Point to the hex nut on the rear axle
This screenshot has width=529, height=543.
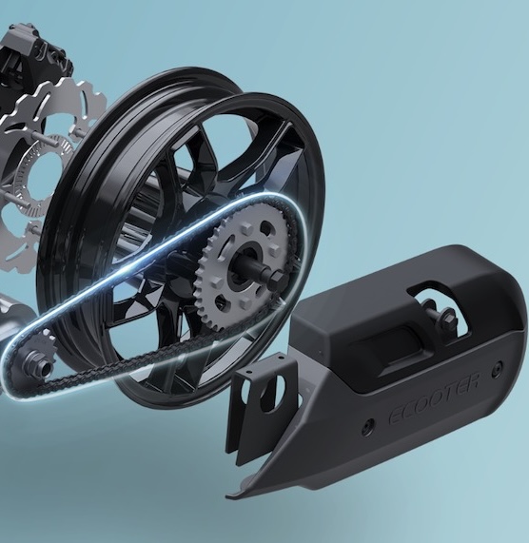(x=277, y=278)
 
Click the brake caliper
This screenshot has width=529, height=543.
(x=34, y=55)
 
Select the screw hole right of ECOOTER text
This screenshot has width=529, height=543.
(x=499, y=366)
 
